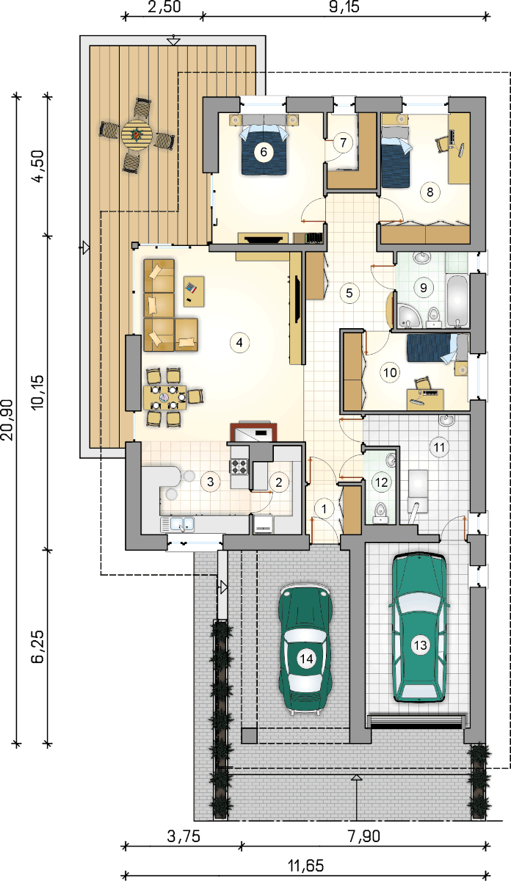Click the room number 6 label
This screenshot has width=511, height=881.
264,152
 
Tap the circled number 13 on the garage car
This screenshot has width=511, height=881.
420,645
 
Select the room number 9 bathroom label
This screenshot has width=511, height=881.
424,288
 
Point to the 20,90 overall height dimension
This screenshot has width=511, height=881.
8,420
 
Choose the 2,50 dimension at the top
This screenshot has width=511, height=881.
164,7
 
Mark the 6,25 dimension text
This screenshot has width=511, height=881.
37,647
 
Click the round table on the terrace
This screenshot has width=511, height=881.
137,134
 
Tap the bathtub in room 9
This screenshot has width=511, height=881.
457,302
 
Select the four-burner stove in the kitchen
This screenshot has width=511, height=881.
239,467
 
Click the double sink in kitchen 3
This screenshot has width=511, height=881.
178,525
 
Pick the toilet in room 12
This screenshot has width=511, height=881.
380,513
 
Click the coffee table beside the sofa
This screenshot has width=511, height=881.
194,291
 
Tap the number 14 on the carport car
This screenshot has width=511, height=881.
306,659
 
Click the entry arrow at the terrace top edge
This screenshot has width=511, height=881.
173,41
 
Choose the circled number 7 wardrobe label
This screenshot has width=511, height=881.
343,142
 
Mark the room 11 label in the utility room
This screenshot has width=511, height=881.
439,447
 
